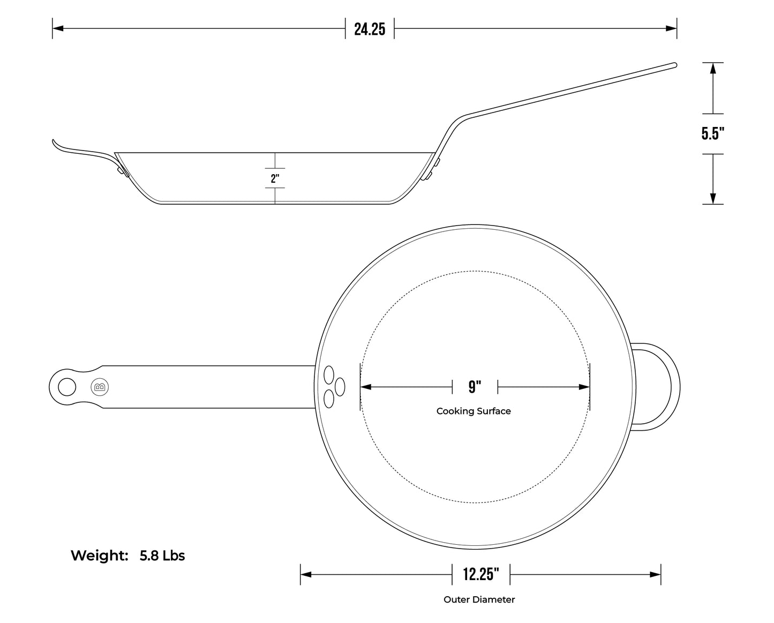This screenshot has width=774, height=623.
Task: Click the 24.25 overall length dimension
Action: click(x=370, y=29)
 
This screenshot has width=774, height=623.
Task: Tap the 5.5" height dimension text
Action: click(x=713, y=133)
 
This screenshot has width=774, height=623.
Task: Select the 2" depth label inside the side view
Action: click(x=275, y=178)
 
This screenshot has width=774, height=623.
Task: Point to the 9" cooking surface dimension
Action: click(x=475, y=387)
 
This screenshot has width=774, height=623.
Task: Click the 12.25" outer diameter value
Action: click(x=481, y=574)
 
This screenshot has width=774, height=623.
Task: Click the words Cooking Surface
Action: click(x=474, y=411)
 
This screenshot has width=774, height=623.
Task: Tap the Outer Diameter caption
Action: click(x=479, y=599)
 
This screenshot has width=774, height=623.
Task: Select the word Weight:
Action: click(x=99, y=556)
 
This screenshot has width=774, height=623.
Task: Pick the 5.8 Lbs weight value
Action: click(x=162, y=556)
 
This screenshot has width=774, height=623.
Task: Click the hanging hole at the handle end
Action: click(x=67, y=387)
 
